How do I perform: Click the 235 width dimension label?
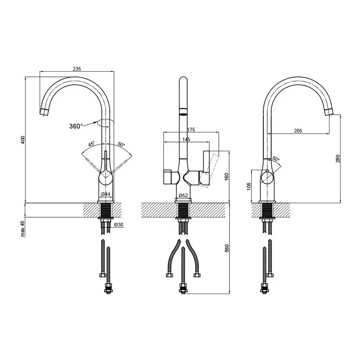click(77, 69)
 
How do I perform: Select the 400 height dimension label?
click(23, 140)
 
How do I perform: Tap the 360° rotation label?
click(76, 126)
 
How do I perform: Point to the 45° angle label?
click(91, 144)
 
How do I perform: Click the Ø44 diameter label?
click(106, 194)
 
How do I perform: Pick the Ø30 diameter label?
click(119, 225)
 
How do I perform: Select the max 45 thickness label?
click(23, 229)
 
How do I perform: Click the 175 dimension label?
click(191, 130)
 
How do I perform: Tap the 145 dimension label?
click(186, 139)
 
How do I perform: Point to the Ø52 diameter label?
click(183, 195)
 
